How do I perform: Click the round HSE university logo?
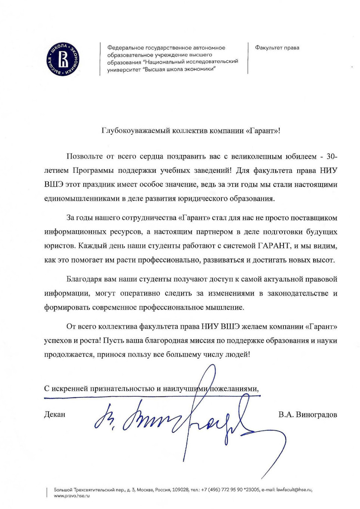[x=63, y=60]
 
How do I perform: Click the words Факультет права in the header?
[x=277, y=48]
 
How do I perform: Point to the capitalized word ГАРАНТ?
[x=274, y=246]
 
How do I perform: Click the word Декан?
[x=55, y=415]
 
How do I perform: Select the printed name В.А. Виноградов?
[x=307, y=415]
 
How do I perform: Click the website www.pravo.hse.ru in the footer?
[x=72, y=496]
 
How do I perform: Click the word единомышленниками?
[x=81, y=199]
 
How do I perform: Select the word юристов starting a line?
[x=56, y=246]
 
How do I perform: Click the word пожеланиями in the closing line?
[x=235, y=389]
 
